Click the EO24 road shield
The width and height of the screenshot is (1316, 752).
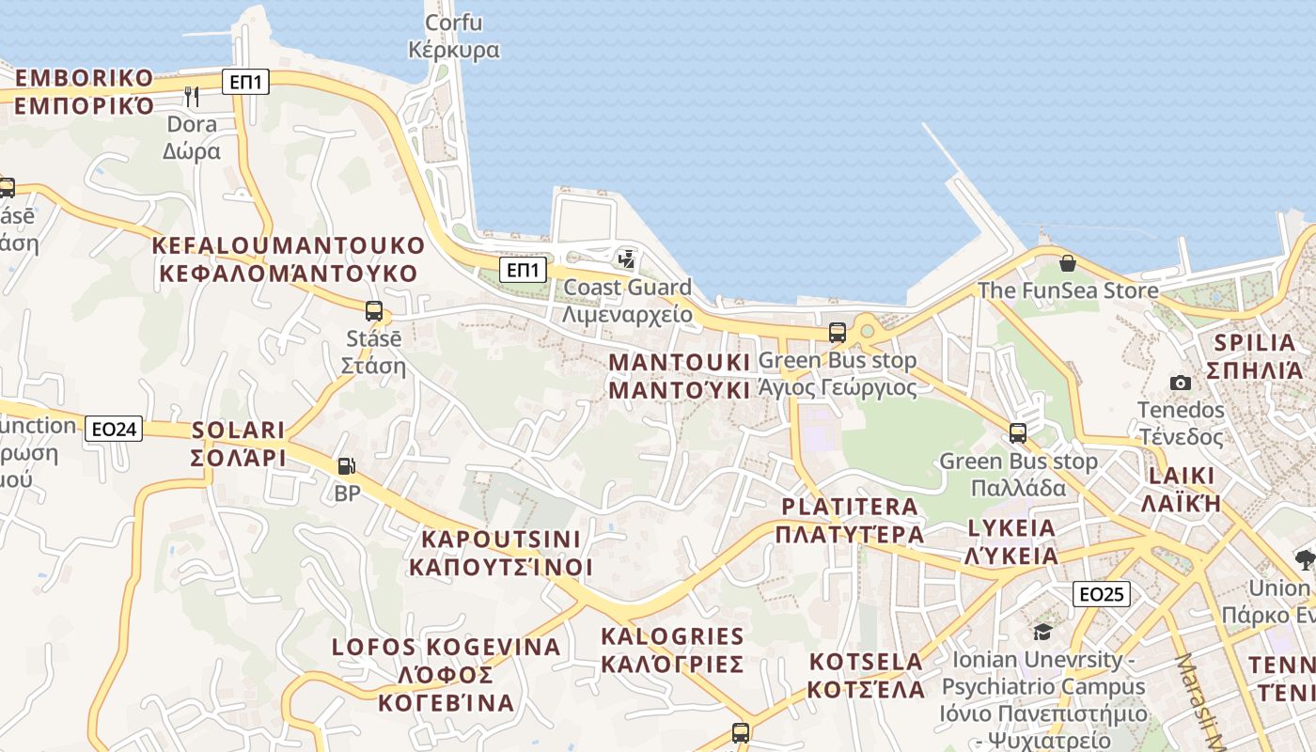tap(115, 430)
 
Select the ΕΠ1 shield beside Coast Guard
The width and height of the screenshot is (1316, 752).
tap(523, 271)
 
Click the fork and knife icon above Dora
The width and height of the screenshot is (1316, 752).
tap(192, 96)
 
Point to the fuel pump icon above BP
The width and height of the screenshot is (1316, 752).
tap(347, 465)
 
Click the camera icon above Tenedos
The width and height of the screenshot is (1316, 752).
tap(1181, 383)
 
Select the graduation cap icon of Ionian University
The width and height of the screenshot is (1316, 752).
tap(1042, 631)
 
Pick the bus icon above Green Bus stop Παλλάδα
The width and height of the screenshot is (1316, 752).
tap(1018, 433)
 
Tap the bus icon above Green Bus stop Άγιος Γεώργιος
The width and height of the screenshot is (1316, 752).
tap(837, 332)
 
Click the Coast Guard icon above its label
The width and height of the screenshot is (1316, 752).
tap(626, 258)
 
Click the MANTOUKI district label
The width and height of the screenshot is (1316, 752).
tap(681, 376)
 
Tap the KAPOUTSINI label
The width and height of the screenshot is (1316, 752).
tap(501, 554)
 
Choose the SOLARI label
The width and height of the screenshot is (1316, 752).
tap(239, 444)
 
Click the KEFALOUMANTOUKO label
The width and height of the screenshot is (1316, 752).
tap(289, 259)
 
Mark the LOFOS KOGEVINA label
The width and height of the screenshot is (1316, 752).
tap(446, 674)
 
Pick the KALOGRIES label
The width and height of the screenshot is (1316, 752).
tap(672, 650)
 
